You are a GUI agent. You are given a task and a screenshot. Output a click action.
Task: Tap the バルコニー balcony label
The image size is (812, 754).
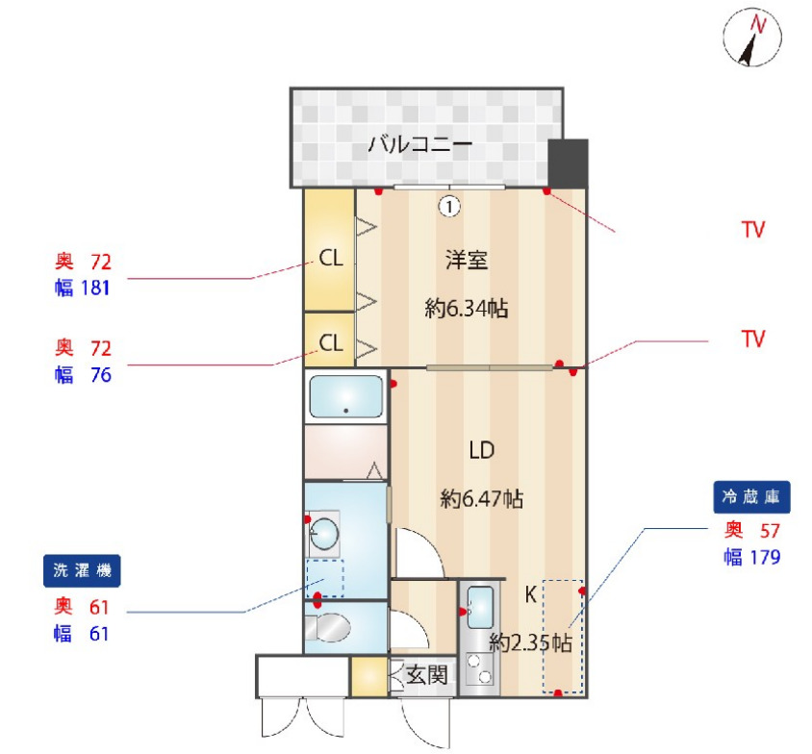(x=420, y=146)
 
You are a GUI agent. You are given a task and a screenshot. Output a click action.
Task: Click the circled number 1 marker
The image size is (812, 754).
(x=449, y=204)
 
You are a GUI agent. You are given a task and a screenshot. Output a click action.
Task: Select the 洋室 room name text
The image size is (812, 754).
(x=467, y=260)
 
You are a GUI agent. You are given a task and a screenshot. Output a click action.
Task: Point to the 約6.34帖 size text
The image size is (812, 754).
(x=467, y=310)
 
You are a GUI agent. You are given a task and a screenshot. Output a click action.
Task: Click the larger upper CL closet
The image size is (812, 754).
(x=330, y=258)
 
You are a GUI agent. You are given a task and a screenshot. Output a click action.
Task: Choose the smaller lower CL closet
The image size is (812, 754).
(x=330, y=342)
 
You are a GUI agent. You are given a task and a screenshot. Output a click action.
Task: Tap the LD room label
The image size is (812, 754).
(x=481, y=449)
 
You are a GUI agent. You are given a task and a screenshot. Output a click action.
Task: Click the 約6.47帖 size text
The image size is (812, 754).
(x=481, y=499)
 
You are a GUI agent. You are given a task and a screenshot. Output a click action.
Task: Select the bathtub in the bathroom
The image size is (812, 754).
(x=345, y=396)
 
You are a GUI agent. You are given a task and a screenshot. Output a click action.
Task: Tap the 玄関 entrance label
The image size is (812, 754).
(x=426, y=675)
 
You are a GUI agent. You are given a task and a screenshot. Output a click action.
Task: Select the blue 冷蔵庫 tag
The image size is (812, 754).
(x=751, y=497)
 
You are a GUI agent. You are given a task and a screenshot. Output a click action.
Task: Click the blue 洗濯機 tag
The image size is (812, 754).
(x=82, y=571)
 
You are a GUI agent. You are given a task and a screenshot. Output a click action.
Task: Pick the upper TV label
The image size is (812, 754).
(x=753, y=230)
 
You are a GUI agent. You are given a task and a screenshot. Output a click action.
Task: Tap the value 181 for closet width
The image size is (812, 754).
(x=95, y=288)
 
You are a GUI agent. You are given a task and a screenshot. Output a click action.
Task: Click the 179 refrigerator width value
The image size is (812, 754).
(x=763, y=557)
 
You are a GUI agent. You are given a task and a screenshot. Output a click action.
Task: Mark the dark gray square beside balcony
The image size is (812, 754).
(x=568, y=163)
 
